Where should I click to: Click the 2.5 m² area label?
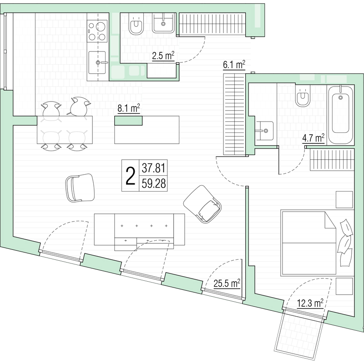pyautogui.click(x=163, y=56)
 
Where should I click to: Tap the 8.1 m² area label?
pyautogui.click(x=129, y=108)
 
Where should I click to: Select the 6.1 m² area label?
pyautogui.click(x=234, y=65)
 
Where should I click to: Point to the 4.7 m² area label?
pyautogui.click(x=313, y=138)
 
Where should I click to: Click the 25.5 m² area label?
pyautogui.click(x=227, y=283)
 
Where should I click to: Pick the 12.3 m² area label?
pyautogui.click(x=310, y=303)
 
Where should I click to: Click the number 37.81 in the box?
pyautogui.click(x=154, y=168)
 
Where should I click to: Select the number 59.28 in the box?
pyautogui.click(x=154, y=184)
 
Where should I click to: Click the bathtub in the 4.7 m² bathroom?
pyautogui.click(x=340, y=115)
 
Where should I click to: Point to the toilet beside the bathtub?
pyautogui.click(x=303, y=96)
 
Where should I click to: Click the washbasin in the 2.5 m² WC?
pyautogui.click(x=163, y=23)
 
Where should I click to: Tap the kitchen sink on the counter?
pyautogui.click(x=97, y=62)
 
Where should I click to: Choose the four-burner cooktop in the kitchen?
pyautogui.click(x=97, y=31)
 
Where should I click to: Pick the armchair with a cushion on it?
pyautogui.click(x=202, y=204)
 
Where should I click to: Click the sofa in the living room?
pyautogui.click(x=139, y=231)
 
